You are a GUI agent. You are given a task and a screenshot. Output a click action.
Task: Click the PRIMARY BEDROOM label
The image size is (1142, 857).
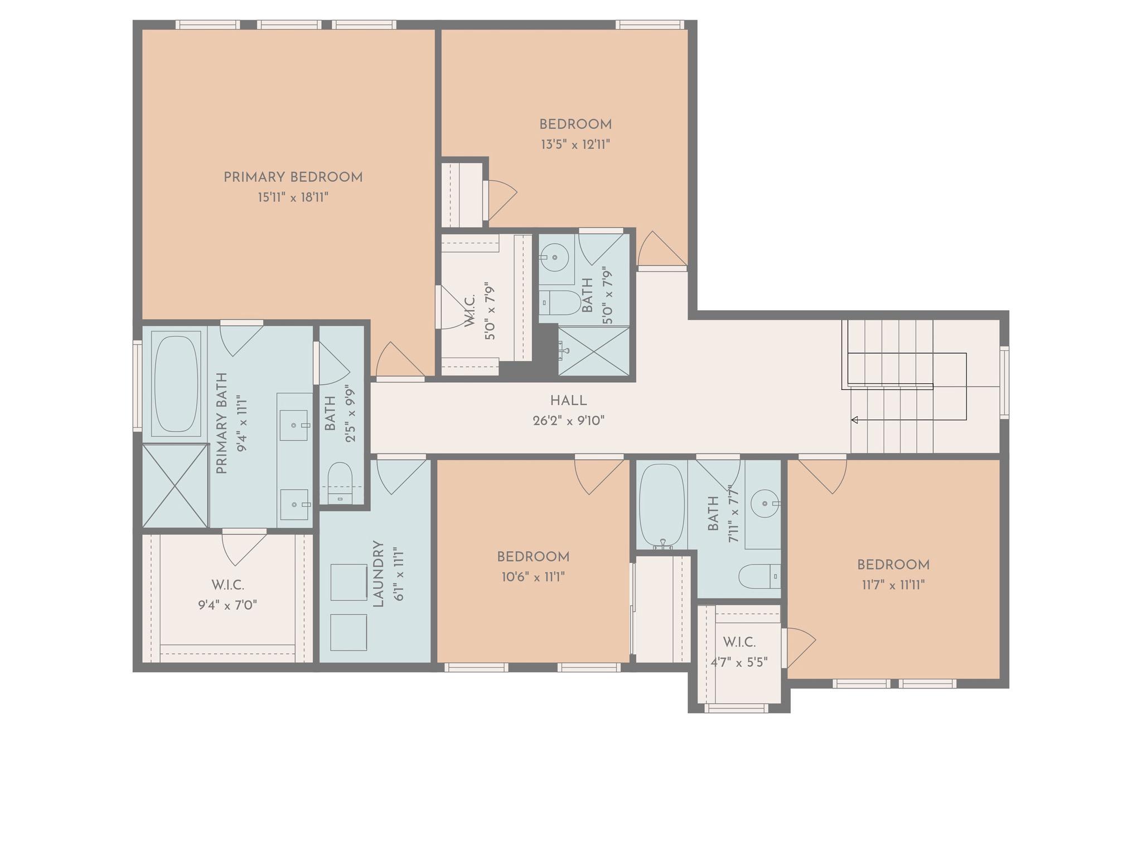pyautogui.click(x=293, y=177)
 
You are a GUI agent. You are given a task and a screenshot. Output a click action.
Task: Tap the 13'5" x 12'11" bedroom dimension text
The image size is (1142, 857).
pyautogui.click(x=575, y=145)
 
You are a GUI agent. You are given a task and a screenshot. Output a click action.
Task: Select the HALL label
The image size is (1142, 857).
pyautogui.click(x=568, y=401)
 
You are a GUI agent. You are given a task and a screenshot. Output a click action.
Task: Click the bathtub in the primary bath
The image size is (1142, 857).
pyautogui.click(x=176, y=384)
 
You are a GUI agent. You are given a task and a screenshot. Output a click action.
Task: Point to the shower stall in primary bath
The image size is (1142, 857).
pyautogui.click(x=175, y=485)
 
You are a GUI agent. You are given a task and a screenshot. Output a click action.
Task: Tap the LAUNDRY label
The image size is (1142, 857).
pyautogui.click(x=378, y=574)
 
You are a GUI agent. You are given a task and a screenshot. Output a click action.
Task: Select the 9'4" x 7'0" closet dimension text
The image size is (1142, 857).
pyautogui.click(x=228, y=605)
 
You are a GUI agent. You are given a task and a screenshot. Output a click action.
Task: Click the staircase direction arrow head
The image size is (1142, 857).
pyautogui.click(x=854, y=420)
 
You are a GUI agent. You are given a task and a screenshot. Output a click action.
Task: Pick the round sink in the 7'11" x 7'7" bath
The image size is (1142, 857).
pyautogui.click(x=764, y=504)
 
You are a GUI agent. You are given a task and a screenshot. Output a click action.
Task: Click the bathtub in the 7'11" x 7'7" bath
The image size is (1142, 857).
pyautogui.click(x=661, y=504)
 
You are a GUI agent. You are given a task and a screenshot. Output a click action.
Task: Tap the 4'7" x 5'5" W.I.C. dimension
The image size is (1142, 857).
pyautogui.click(x=739, y=662)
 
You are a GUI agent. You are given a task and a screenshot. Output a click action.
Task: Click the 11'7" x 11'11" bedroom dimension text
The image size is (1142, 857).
pyautogui.click(x=893, y=585)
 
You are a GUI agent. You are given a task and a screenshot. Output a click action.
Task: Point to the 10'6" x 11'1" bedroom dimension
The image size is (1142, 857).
pyautogui.click(x=533, y=577)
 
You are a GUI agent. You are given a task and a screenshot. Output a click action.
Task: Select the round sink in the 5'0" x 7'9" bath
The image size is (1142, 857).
pyautogui.click(x=554, y=258)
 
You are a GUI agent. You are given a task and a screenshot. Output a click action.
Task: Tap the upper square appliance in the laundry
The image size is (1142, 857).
pyautogui.click(x=349, y=582)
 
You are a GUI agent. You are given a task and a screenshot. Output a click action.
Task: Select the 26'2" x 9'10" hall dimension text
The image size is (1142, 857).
pyautogui.click(x=568, y=421)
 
